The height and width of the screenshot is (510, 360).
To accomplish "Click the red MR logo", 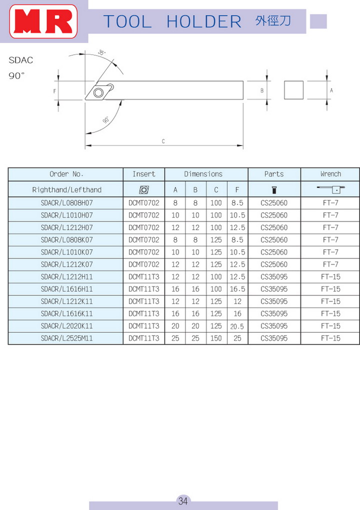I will tap(44, 21).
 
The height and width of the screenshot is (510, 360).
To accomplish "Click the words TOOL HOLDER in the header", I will tap(172, 21).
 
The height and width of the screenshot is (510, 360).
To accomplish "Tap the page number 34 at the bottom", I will tap(183, 501).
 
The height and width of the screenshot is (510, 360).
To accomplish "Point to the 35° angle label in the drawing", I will tap(102, 52).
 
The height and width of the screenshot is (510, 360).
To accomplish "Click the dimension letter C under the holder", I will tap(163, 141).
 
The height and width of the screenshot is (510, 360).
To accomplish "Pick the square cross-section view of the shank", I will tap(294, 90).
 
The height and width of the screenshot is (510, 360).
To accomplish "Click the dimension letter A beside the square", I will tap(331, 90).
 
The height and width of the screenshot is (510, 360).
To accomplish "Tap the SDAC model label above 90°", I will tap(21, 60).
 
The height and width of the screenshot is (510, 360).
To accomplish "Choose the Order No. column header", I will tap(66, 174).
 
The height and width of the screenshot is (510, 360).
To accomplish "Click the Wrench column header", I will tap(330, 174).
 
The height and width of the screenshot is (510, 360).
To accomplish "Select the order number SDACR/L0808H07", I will tap(66, 203).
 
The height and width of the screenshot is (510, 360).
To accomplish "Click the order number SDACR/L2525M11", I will tap(66, 338).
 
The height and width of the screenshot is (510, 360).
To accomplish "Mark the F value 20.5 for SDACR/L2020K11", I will tap(237, 326).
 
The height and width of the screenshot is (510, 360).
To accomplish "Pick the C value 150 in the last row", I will tap(216, 338).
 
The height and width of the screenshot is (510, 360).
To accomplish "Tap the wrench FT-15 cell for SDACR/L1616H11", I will tap(330, 289).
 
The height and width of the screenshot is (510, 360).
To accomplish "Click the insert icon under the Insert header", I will tap(144, 189).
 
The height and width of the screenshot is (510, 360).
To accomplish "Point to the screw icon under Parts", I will tap(273, 189).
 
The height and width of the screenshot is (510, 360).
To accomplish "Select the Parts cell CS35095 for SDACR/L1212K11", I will tap(274, 301).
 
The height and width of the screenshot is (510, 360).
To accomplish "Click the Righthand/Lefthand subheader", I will tap(66, 190).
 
